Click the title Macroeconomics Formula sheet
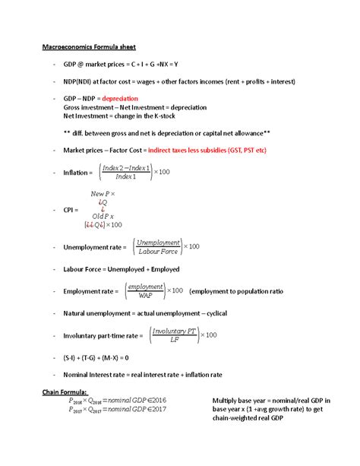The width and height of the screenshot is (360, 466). [88, 49]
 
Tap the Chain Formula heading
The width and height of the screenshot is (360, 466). [65, 392]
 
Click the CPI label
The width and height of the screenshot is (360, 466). [72, 209]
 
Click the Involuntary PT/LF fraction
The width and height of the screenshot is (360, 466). [175, 334]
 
